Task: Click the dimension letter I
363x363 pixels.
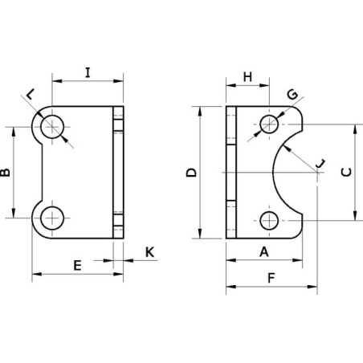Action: (88, 72)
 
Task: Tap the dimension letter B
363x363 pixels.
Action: (5, 173)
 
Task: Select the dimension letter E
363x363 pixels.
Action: (77, 266)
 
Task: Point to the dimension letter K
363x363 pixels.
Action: (150, 252)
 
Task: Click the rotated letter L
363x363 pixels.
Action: (31, 94)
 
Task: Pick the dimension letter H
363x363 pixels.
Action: (248, 77)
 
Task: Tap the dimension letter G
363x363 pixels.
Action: (292, 94)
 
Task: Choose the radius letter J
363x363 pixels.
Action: (320, 163)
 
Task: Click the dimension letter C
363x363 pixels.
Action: (346, 172)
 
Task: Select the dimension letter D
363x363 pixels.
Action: (191, 173)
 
